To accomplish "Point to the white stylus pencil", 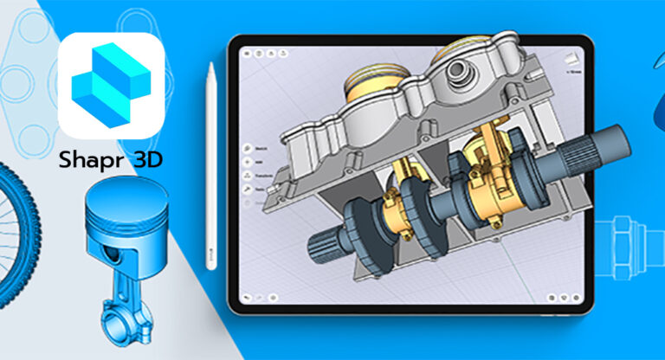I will tap(210, 164).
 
